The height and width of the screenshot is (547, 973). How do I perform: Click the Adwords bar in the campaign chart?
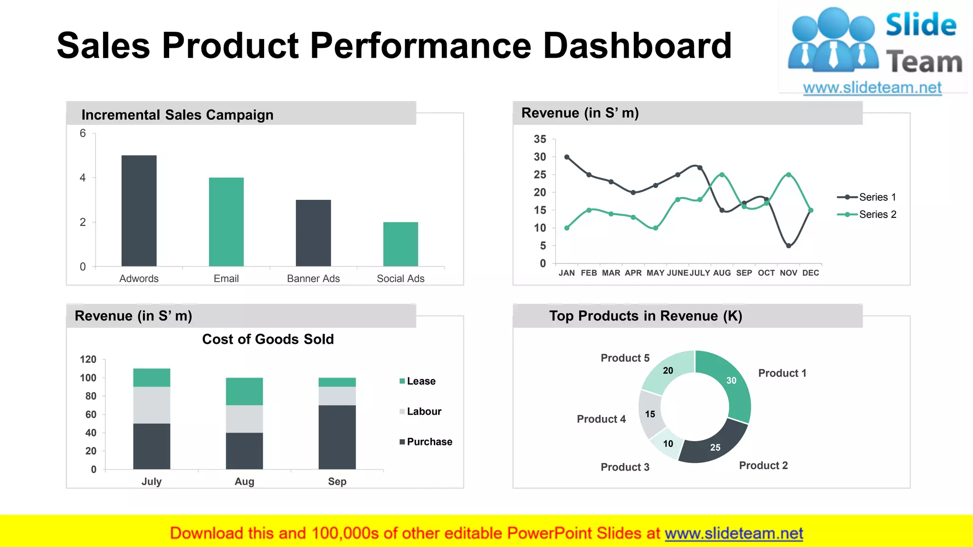pyautogui.click(x=139, y=211)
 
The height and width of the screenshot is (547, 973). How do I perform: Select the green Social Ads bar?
pyautogui.click(x=401, y=244)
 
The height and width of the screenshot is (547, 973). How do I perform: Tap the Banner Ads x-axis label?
pyautogui.click(x=313, y=279)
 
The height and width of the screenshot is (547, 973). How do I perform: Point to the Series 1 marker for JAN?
pyautogui.click(x=567, y=157)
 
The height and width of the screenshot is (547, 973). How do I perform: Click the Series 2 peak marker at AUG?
pyautogui.click(x=722, y=175)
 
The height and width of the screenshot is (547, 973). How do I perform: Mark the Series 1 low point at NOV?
pyautogui.click(x=788, y=246)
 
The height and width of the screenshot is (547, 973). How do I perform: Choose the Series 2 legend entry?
pyautogui.click(x=867, y=215)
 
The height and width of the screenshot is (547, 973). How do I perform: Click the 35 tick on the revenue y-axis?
pyautogui.click(x=540, y=139)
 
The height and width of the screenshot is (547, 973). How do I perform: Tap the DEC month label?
pyautogui.click(x=811, y=273)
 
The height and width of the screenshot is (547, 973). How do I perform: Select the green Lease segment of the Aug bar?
pyautogui.click(x=244, y=391)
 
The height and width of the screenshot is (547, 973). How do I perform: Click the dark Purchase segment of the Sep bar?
pyautogui.click(x=337, y=437)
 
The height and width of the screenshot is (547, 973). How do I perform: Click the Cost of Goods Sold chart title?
pyautogui.click(x=268, y=339)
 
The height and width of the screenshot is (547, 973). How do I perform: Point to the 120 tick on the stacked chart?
pyautogui.click(x=88, y=359)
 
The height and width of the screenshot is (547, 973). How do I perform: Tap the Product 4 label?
pyautogui.click(x=601, y=419)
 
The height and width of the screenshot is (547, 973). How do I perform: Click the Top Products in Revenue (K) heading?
pyautogui.click(x=646, y=316)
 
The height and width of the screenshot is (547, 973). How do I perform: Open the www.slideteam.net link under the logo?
pyautogui.click(x=872, y=88)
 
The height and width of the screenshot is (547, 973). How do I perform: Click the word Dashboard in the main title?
pyautogui.click(x=637, y=46)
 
